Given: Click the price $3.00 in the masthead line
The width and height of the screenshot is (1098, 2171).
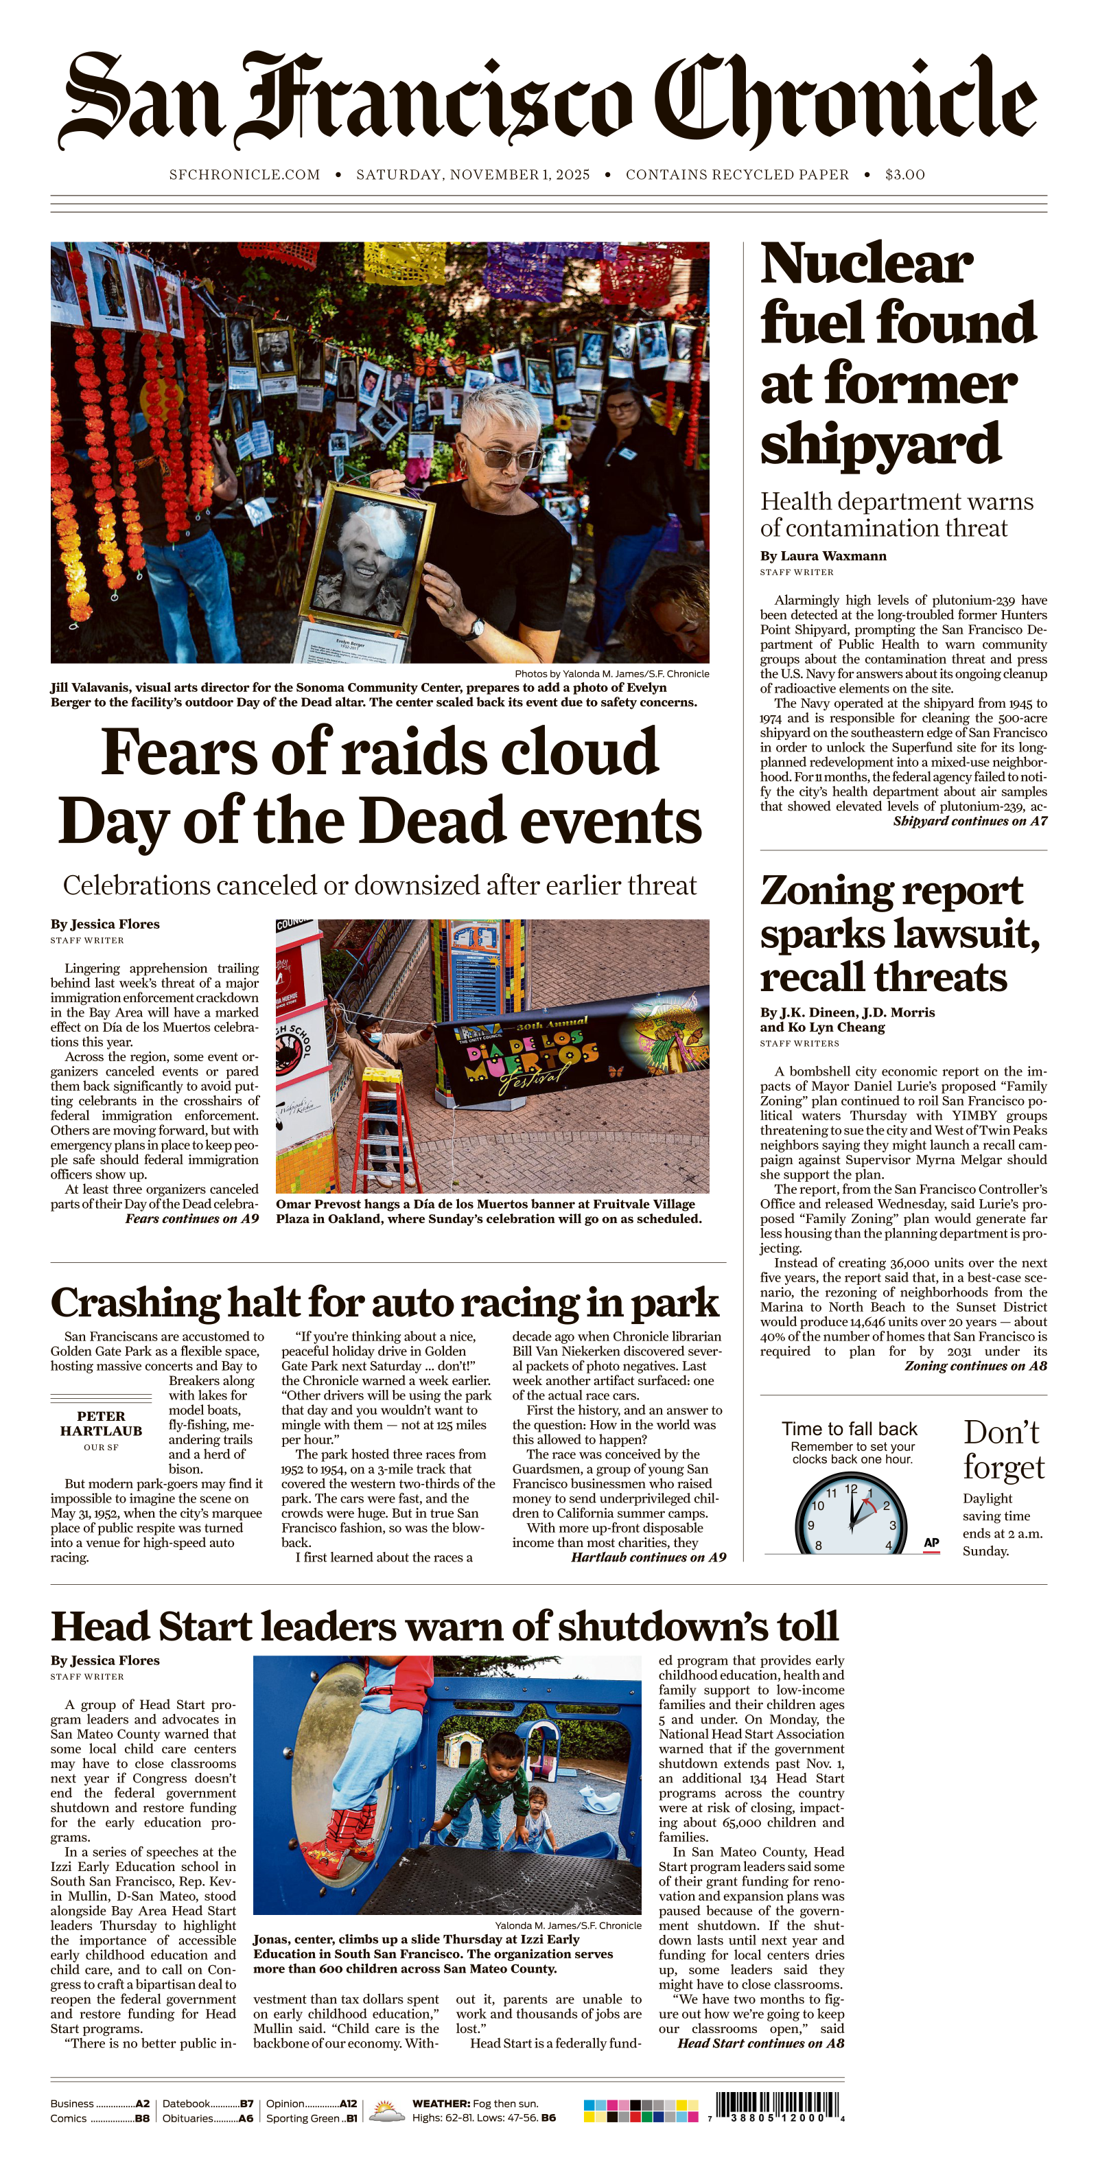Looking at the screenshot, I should (x=904, y=174).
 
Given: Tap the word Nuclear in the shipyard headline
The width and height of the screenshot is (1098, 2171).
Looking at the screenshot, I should (x=866, y=264).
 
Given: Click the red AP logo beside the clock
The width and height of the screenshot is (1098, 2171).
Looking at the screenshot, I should (x=931, y=1542).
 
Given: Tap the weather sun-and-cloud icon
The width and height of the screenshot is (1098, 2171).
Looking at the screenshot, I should (x=387, y=2111).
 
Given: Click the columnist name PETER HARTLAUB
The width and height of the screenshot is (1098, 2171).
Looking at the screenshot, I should (x=101, y=1424).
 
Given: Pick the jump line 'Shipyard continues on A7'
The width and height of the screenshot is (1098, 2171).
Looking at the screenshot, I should (x=970, y=821).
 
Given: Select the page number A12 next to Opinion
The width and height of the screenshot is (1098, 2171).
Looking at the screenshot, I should (x=348, y=2104).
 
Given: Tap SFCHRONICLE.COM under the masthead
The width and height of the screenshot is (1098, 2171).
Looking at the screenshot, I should (x=244, y=174).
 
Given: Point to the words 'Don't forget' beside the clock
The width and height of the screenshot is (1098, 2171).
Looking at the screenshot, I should (x=1003, y=1450).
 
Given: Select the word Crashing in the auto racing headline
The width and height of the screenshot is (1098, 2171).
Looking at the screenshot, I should (x=135, y=1303).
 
